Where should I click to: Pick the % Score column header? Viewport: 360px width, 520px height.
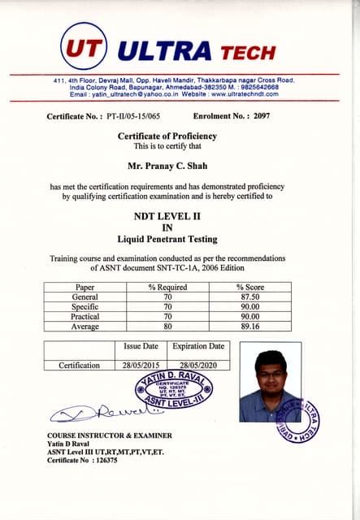[x=250, y=287]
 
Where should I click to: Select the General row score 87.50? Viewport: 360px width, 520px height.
[x=250, y=297]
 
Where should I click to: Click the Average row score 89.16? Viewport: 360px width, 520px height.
[x=250, y=327]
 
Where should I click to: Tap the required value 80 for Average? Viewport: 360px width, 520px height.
[x=167, y=327]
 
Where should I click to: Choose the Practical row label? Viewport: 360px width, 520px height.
[x=85, y=317]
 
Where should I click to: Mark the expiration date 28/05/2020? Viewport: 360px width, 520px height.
[x=195, y=366]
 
